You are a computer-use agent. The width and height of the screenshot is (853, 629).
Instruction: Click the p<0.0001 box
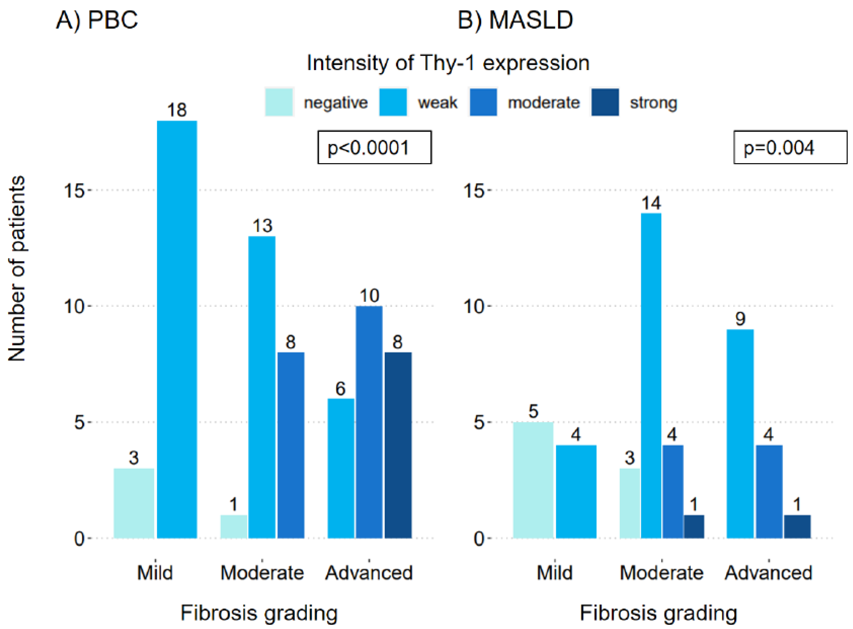(375, 147)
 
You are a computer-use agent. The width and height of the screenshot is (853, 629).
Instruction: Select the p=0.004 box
(790, 147)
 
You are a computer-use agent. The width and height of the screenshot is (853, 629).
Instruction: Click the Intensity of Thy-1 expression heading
(448, 63)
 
